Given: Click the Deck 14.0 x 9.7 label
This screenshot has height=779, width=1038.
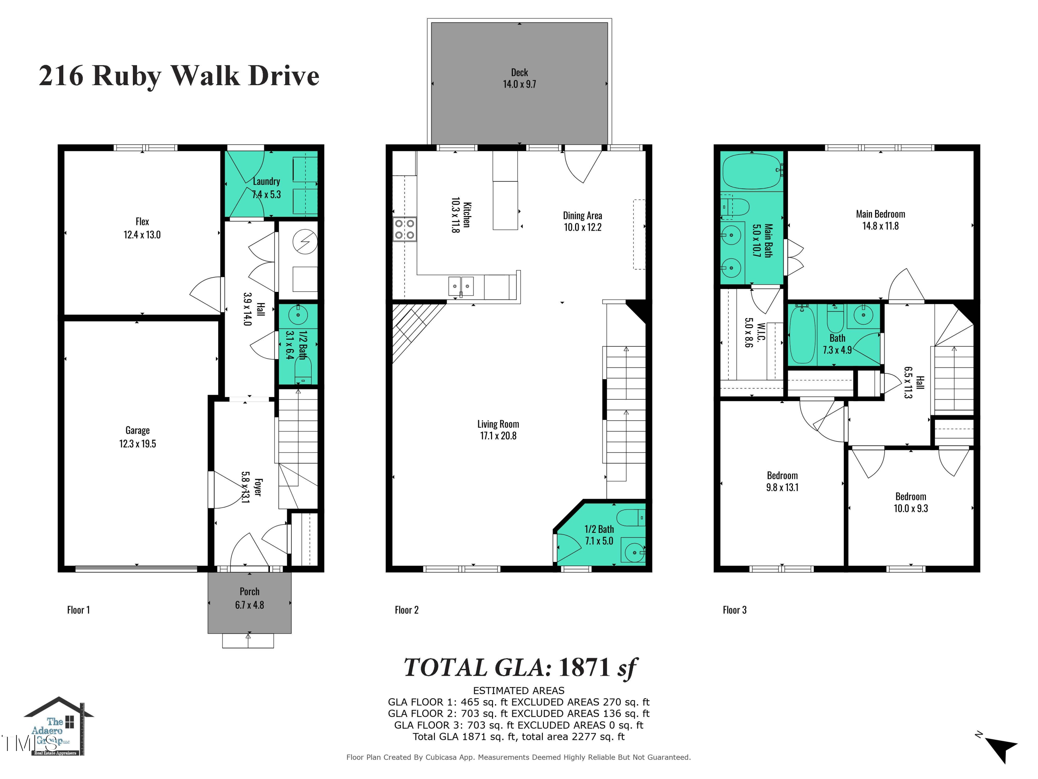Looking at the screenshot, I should tap(519, 78).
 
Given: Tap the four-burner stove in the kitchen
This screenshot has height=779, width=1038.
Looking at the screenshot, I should tap(404, 229).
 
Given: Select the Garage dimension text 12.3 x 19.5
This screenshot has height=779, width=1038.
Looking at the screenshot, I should tap(137, 444).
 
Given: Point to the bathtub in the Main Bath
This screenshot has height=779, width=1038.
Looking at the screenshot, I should tap(751, 171).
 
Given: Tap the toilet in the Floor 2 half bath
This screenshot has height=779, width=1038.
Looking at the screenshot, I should tap(630, 518).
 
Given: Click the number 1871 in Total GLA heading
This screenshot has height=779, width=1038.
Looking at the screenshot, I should tap(584, 667).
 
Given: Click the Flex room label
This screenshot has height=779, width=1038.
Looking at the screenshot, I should tap(142, 222).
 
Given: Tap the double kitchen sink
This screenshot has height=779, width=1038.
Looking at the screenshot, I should tap(461, 286).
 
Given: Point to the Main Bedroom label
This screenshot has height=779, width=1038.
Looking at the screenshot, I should tap(880, 214).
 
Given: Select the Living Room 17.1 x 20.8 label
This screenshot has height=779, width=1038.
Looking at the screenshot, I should tap(498, 430).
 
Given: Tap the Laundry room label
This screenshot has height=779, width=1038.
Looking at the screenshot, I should tap(266, 181).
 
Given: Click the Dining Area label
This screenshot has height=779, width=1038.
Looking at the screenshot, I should tap(582, 216).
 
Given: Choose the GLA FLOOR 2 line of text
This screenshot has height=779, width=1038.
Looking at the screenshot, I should tap(519, 713).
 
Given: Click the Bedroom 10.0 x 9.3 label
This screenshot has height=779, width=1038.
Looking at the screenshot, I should tap(910, 502).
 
